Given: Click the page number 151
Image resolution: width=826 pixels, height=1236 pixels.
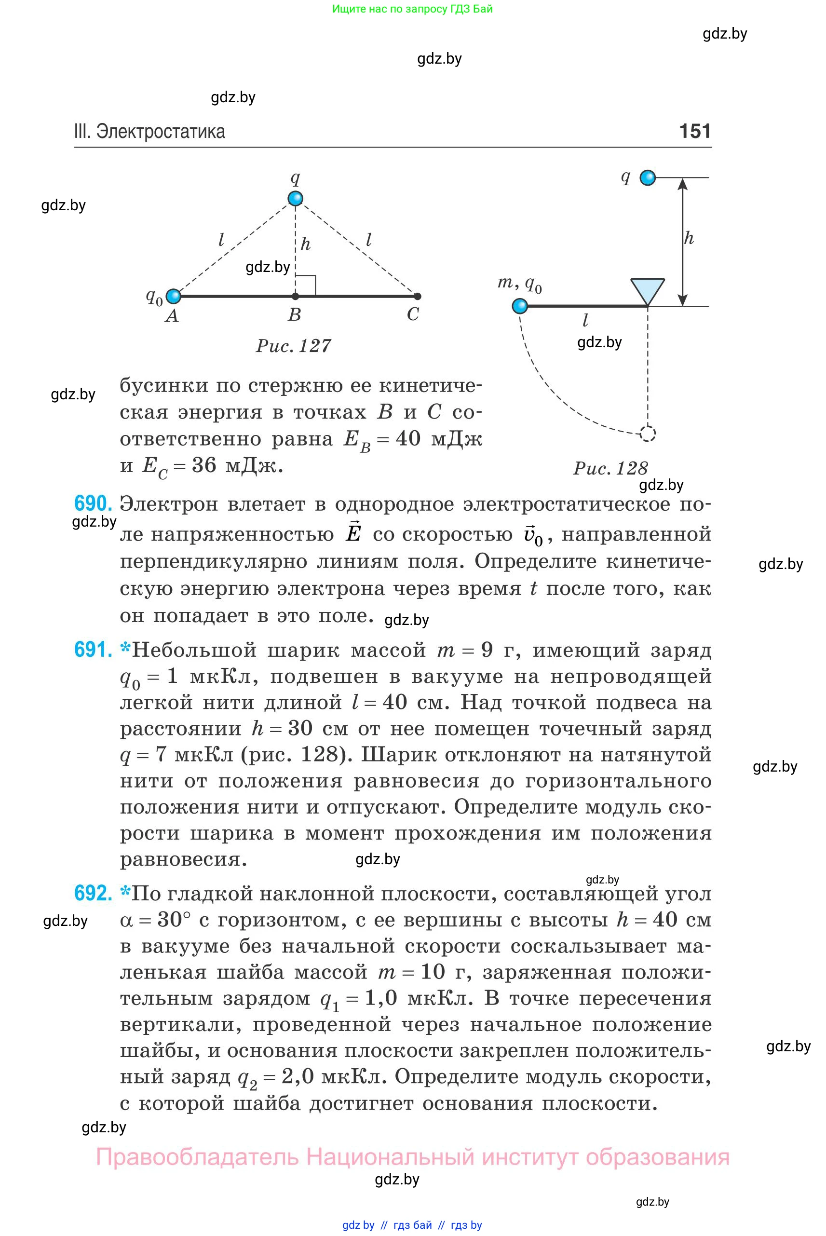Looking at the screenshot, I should point(695,131).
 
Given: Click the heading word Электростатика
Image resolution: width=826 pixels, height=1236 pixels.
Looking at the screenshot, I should point(161,131).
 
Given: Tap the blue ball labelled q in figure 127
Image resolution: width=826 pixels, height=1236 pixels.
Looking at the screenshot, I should point(296,199).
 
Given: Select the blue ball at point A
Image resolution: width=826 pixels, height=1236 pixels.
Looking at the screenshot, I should point(173,296).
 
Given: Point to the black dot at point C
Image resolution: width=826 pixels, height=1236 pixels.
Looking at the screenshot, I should point(418,296).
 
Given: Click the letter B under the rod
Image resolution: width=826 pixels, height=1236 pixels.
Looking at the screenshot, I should point(295,315).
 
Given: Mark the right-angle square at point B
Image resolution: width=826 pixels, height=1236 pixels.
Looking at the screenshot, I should point(306,285).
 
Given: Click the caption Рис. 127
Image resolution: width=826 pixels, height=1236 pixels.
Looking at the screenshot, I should point(294,346).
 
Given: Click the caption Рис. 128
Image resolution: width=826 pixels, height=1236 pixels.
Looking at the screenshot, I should point(610,468).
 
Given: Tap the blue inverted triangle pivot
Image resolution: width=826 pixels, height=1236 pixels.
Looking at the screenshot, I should point(648,291).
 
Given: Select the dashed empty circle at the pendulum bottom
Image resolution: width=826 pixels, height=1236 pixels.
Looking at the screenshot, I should point(648,434).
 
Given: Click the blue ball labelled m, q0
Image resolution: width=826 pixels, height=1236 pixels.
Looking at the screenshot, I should point(520,306).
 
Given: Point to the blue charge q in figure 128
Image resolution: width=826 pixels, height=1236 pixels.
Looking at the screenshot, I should point(648,178).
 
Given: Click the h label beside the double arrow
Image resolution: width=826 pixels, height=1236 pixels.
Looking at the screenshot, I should point(689,239).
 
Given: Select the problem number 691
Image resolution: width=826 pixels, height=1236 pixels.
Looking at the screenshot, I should point(93,650).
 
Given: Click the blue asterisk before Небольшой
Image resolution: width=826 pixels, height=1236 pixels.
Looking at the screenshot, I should point(125,648).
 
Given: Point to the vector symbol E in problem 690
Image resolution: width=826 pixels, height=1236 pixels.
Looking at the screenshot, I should point(353,533).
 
